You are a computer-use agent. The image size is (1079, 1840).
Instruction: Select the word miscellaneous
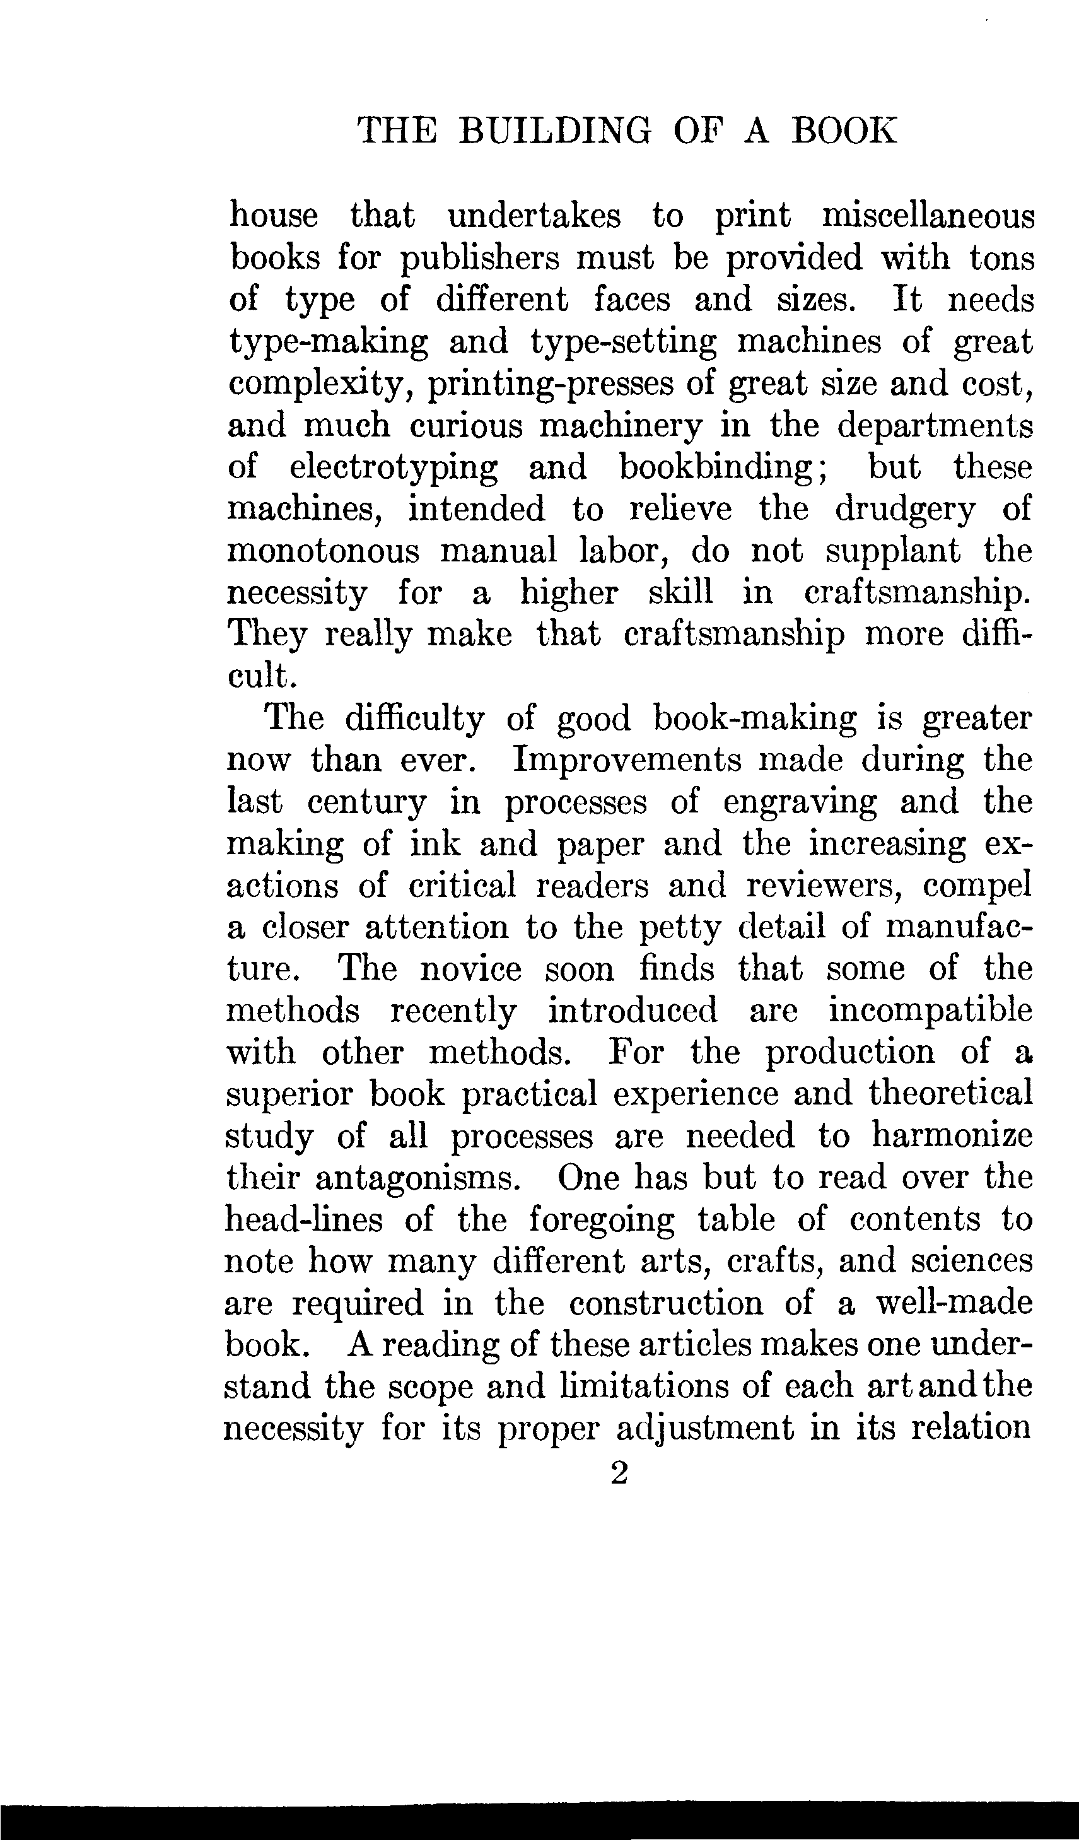click(928, 216)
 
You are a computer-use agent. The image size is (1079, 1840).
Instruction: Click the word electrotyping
click(394, 468)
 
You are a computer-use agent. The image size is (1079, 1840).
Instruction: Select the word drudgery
click(904, 509)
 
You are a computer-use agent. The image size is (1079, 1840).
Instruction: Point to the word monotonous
click(324, 551)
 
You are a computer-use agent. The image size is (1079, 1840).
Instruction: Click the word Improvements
click(626, 760)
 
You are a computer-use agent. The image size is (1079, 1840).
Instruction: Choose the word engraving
click(800, 802)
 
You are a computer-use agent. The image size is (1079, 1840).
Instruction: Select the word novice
click(471, 969)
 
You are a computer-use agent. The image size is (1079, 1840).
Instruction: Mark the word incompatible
click(930, 1011)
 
